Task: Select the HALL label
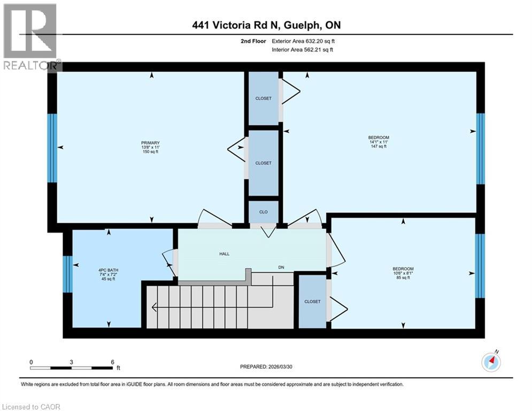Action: point(224,254)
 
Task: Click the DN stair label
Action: point(281,268)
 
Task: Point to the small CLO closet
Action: point(264,212)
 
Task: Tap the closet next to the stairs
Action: point(312,301)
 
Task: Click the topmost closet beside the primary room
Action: point(263,98)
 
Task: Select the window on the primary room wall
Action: point(52,148)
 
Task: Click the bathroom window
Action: point(67,274)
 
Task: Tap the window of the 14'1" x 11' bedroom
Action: point(480,148)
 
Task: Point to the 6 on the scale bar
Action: point(112,362)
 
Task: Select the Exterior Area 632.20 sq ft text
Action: point(304,41)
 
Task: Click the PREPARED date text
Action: point(270,367)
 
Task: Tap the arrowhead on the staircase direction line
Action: point(155,307)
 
